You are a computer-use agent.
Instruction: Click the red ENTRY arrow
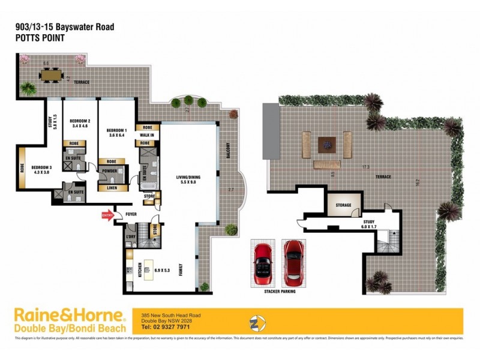(x=108, y=215)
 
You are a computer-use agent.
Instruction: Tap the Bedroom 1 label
(x=116, y=130)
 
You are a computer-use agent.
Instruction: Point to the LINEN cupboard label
(x=112, y=187)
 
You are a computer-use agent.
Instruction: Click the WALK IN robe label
(x=146, y=135)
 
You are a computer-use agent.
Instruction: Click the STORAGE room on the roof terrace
(x=343, y=205)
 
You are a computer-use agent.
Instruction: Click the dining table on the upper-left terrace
(x=52, y=75)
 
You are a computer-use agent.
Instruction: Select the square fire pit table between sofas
(x=326, y=143)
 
